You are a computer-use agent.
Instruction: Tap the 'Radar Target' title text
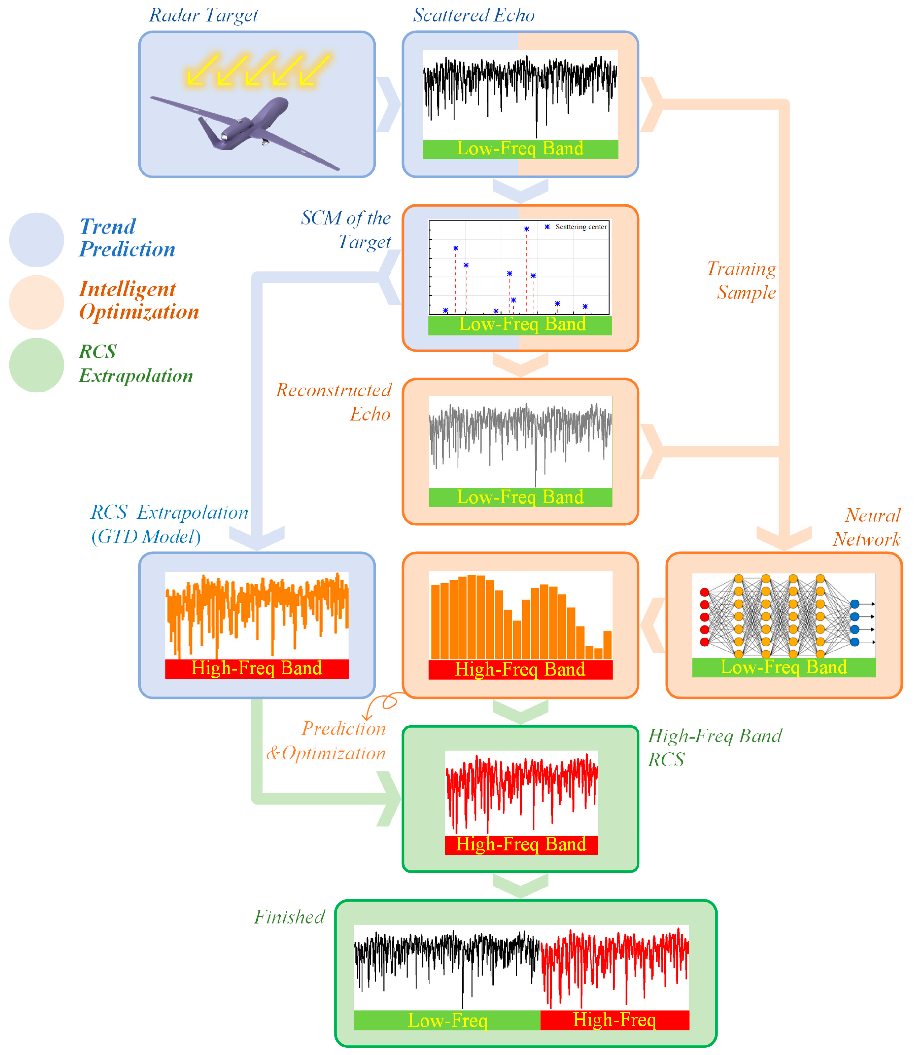[204, 15]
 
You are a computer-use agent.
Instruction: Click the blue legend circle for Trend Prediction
[36, 240]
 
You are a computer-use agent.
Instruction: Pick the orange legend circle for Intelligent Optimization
[36, 302]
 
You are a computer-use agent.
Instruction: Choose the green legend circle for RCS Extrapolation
[36, 365]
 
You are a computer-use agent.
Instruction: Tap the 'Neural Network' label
[867, 527]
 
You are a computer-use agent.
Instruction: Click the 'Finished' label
[289, 917]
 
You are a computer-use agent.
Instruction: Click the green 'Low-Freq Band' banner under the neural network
[784, 667]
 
